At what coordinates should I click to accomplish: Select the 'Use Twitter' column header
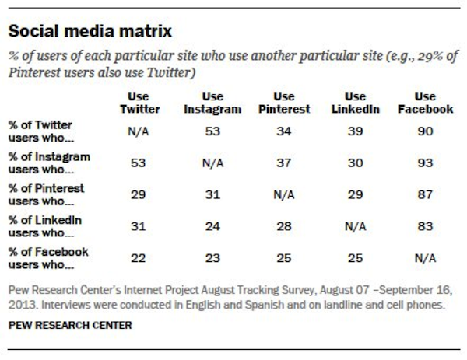pyautogui.click(x=139, y=103)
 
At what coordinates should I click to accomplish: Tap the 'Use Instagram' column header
pyautogui.click(x=209, y=103)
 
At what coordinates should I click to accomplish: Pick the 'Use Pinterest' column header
pyautogui.click(x=284, y=103)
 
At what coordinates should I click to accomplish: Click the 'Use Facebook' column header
pyautogui.click(x=425, y=103)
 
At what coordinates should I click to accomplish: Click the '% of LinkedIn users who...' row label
pyautogui.click(x=46, y=225)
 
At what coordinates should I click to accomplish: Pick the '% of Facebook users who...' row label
pyautogui.click(x=48, y=257)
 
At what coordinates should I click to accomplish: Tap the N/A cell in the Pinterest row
pyautogui.click(x=284, y=194)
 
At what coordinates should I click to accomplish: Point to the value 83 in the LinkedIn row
pyautogui.click(x=425, y=226)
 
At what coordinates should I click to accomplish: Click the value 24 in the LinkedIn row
pyautogui.click(x=209, y=226)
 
